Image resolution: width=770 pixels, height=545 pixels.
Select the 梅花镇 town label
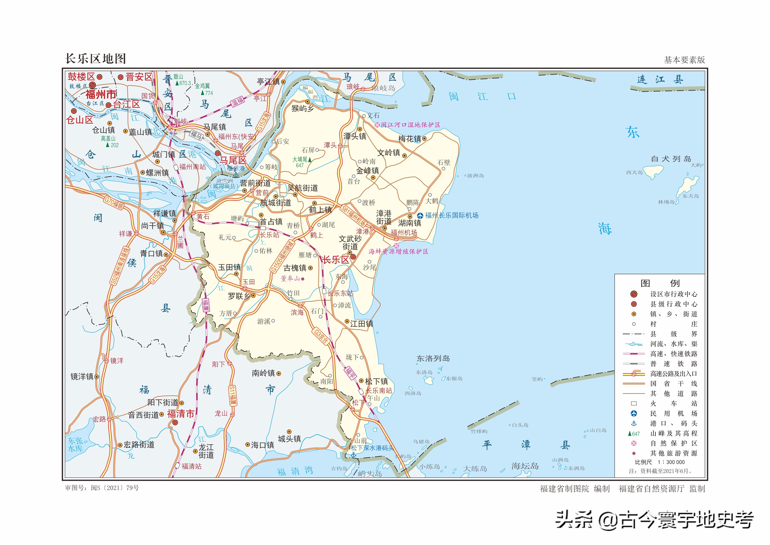(410, 139)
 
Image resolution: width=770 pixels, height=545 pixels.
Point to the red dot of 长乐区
(353, 257)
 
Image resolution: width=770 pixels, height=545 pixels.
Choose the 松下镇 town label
(376, 381)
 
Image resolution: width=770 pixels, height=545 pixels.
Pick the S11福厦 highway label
(232, 396)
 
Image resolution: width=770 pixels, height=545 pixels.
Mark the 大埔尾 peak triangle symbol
(310, 160)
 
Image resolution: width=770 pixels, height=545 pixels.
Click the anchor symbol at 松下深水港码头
(353, 455)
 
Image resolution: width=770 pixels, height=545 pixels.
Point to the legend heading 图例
(660, 283)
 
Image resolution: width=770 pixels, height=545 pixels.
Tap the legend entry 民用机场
(673, 413)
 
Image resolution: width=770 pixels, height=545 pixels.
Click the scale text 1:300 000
(671, 462)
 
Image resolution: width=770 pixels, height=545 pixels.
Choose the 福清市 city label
(181, 414)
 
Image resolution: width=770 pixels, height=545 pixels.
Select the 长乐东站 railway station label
(340, 293)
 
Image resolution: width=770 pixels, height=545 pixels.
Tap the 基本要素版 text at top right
(684, 60)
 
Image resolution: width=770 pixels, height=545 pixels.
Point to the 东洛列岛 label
(433, 359)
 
